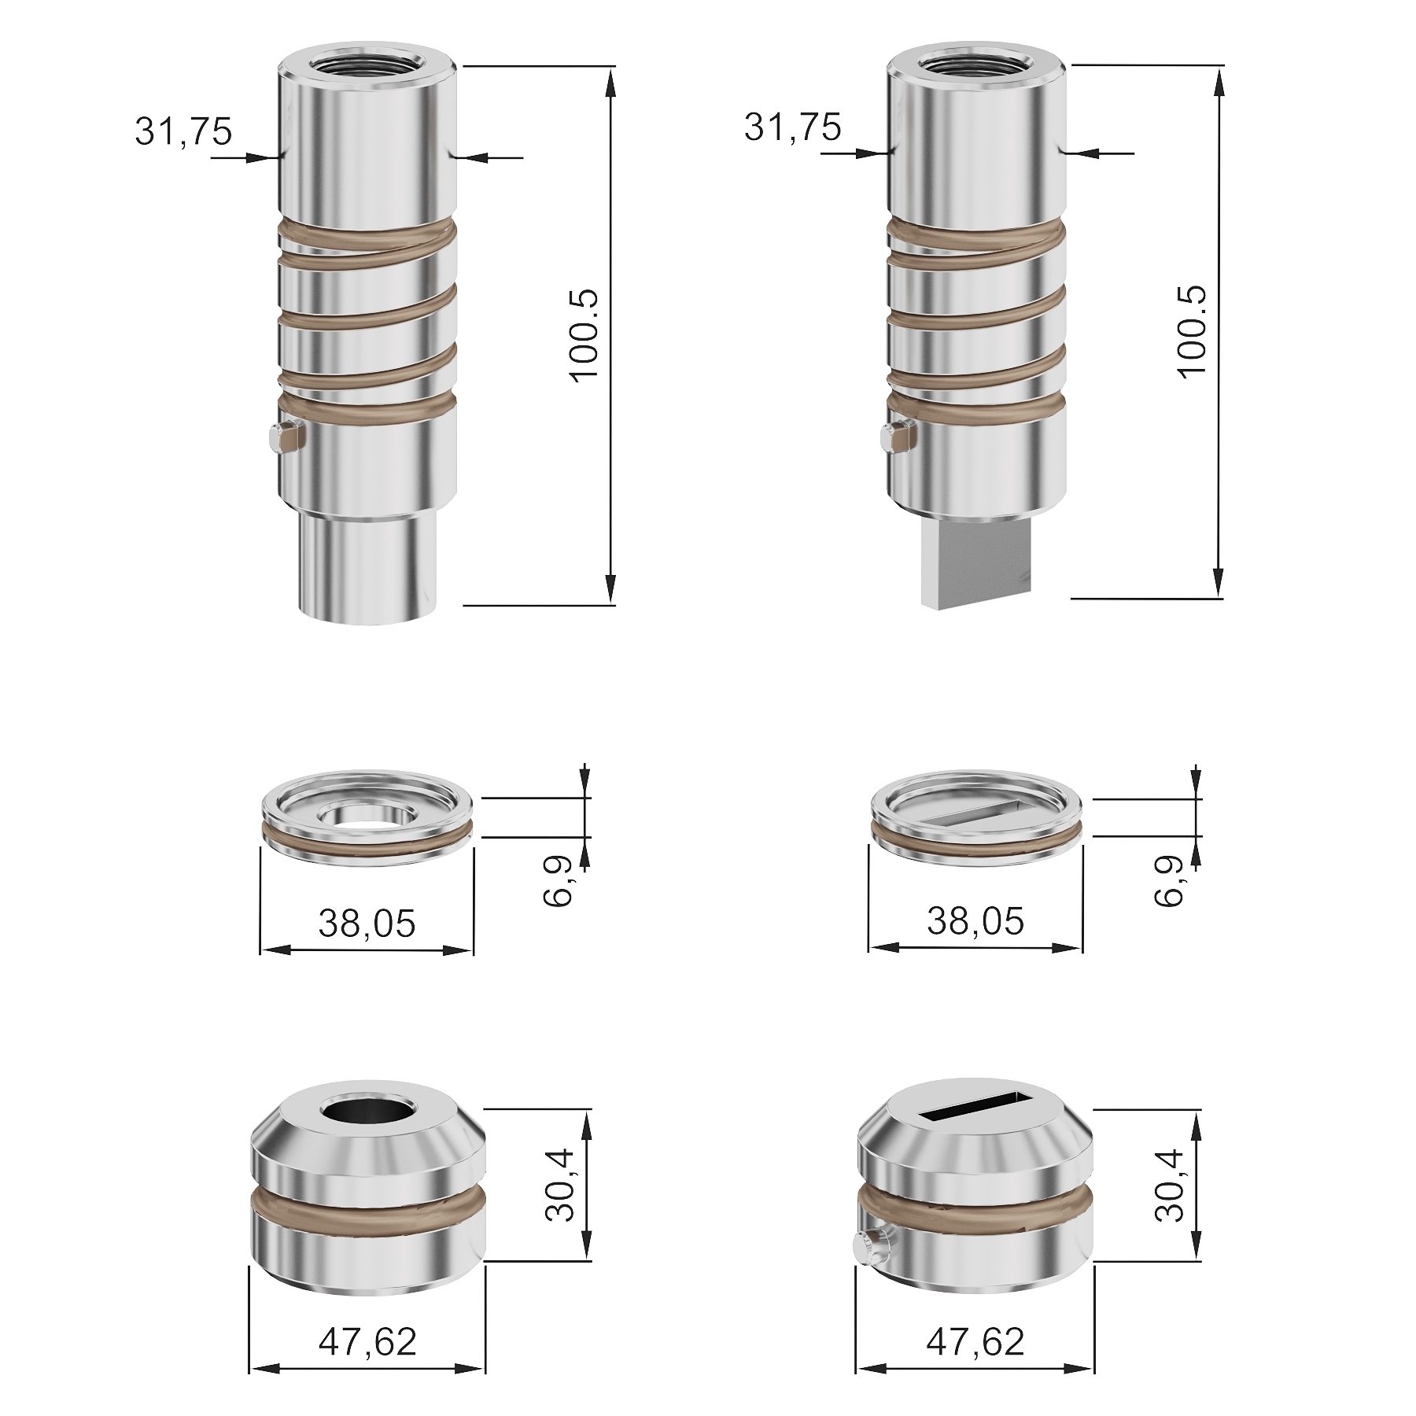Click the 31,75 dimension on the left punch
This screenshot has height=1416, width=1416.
[183, 131]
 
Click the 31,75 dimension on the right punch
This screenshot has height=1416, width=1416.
[792, 127]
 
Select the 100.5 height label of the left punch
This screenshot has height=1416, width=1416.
[584, 335]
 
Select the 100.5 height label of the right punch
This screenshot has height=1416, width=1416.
[1193, 331]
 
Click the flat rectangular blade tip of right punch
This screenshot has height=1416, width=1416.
[976, 565]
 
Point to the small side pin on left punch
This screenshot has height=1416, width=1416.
[285, 438]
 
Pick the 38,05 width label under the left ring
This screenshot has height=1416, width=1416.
[367, 923]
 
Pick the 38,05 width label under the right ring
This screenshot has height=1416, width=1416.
[975, 920]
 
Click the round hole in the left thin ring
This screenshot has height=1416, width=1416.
[367, 815]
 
